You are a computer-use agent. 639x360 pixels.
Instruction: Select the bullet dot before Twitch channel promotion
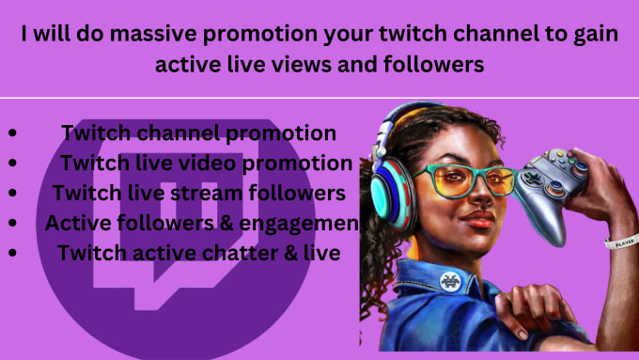point(11,134)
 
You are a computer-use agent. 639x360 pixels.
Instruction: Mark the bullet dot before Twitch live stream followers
point(11,194)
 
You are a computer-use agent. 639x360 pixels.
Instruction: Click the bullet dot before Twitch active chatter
point(11,253)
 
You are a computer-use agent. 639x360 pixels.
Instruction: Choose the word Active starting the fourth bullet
point(76,224)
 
